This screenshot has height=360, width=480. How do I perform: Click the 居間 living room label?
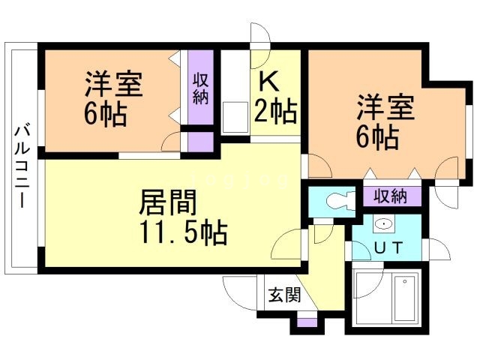point(169,202)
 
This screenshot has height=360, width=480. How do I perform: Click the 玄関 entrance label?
point(283,295)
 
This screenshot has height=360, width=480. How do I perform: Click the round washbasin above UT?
point(385,223)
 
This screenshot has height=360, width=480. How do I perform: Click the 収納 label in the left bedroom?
point(200,88)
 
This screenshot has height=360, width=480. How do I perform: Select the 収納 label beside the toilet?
point(390,197)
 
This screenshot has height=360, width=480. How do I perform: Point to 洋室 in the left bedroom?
point(114,82)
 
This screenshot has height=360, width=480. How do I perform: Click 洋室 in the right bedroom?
point(385,106)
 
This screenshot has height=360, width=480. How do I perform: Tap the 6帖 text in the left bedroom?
point(105,115)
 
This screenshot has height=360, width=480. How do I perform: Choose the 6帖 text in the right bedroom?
point(376,138)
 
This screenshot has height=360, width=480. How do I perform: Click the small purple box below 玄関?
point(303,323)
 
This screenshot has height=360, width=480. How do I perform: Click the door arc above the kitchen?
point(259,36)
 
